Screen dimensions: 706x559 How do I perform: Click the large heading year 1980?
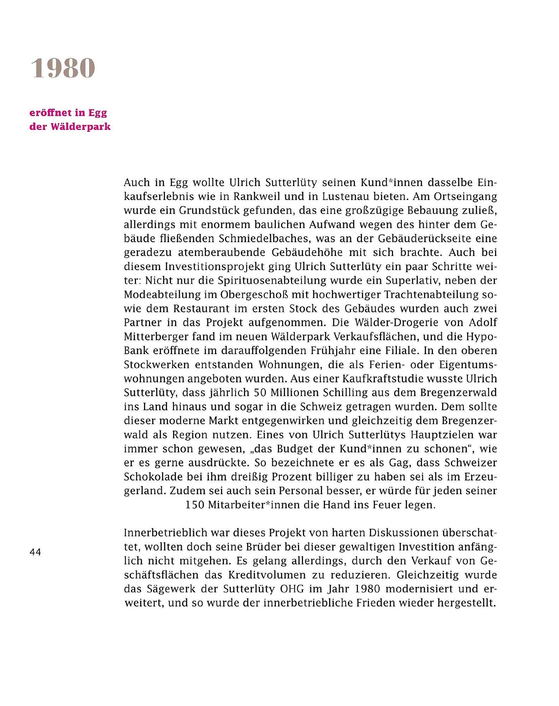point(63,68)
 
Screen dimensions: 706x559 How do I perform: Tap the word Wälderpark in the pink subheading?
point(81,127)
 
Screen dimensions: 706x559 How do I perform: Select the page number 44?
point(35,552)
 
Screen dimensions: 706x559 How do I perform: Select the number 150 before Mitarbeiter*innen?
point(195,505)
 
